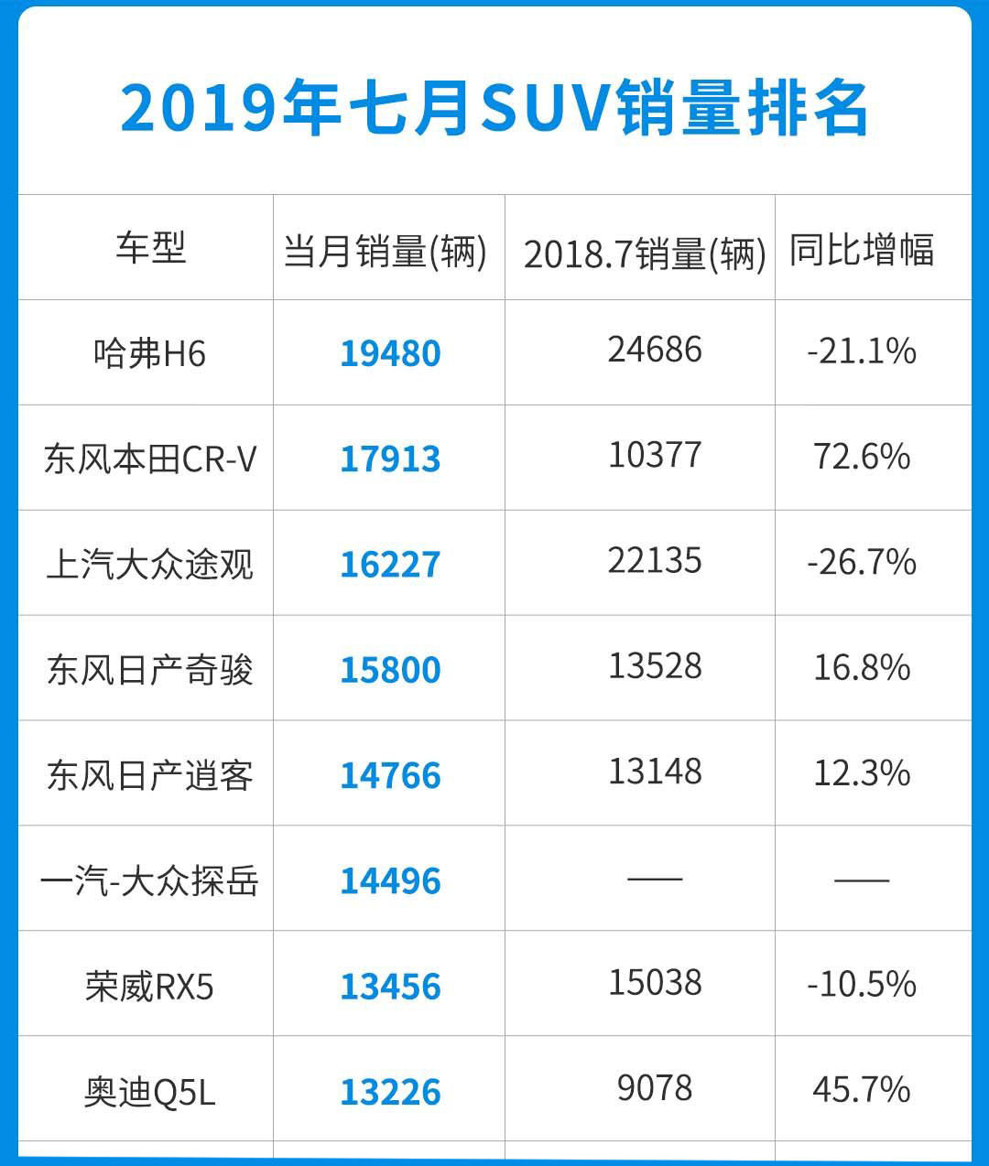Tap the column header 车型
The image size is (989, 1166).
point(150,247)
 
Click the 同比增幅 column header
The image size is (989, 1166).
point(862,250)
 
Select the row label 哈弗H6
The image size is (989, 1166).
point(150,353)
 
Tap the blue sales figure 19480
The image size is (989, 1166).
point(390,353)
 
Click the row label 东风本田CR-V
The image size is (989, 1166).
point(150,459)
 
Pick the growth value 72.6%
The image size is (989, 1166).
point(862,457)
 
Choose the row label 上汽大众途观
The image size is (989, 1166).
point(150,564)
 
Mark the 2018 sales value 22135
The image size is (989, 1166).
point(655,561)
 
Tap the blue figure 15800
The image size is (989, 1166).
point(390,670)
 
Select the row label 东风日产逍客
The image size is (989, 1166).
point(150,775)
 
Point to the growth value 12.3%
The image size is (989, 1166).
point(862,773)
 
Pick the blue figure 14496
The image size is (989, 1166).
point(390,881)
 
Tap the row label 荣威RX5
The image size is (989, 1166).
point(150,987)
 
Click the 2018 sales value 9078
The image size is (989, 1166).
point(655,1088)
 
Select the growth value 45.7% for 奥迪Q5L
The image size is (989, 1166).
point(862,1090)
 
